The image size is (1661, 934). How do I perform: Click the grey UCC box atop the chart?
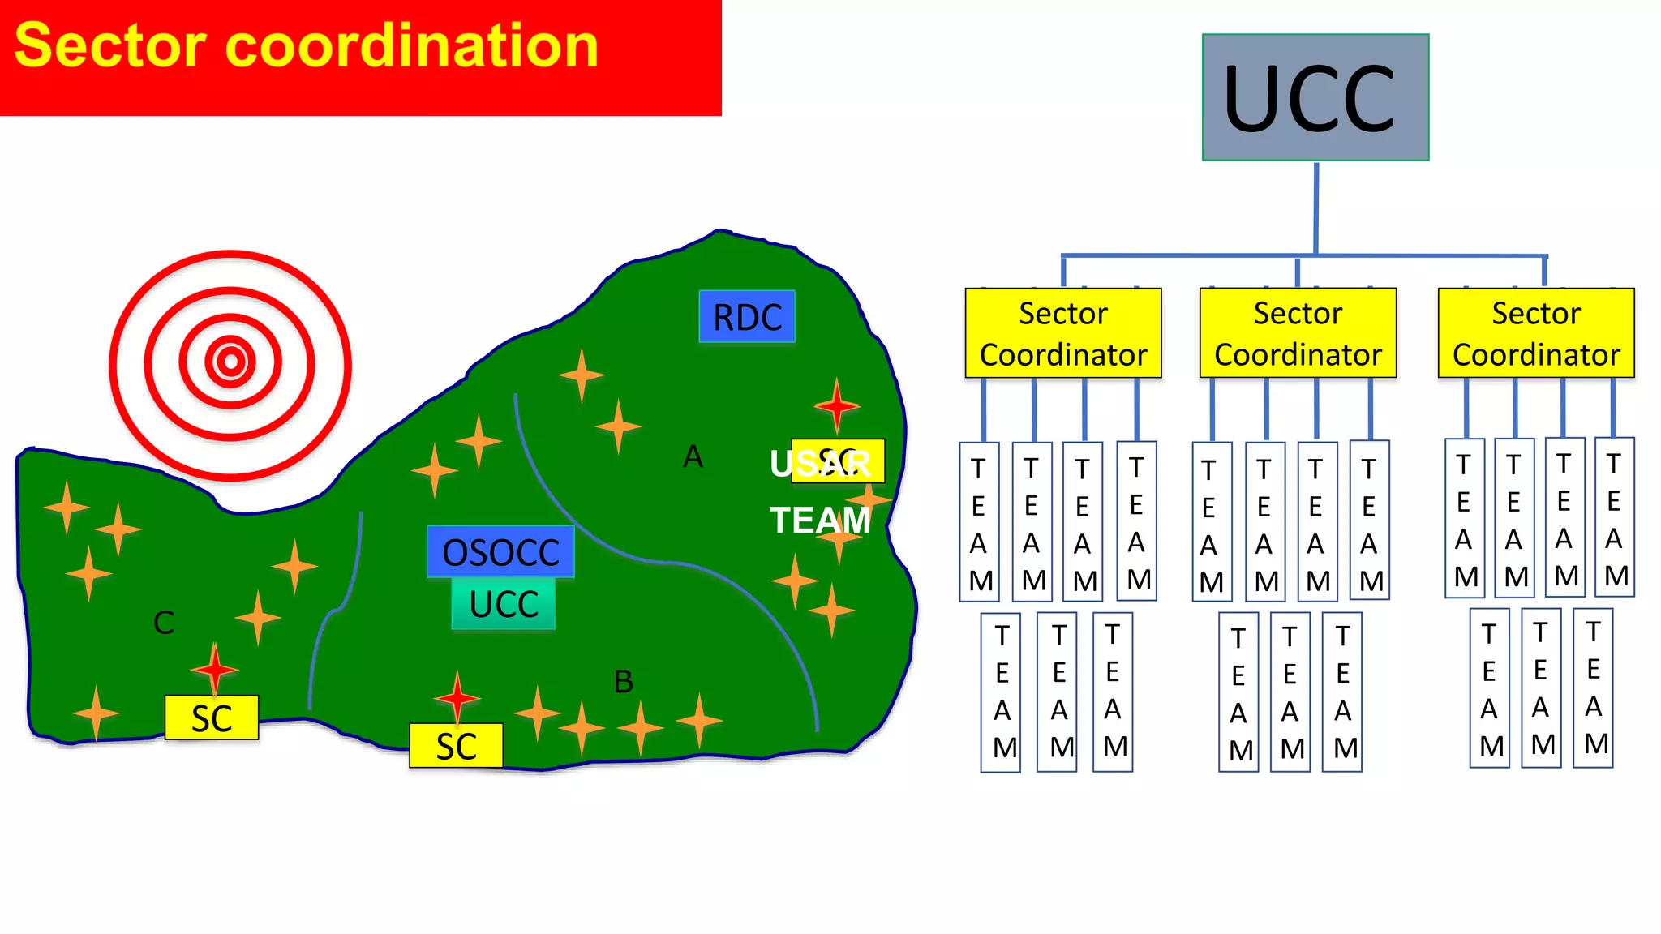click(x=1315, y=97)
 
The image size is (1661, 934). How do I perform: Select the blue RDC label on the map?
click(x=747, y=316)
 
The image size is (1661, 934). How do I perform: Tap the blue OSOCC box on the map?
click(x=500, y=551)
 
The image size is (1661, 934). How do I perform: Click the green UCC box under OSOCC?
click(x=504, y=604)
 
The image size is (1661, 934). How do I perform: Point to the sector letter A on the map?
click(x=693, y=457)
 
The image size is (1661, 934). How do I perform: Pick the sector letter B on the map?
click(x=623, y=682)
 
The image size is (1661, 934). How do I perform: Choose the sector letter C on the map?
click(x=164, y=623)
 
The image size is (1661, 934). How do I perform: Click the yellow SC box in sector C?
click(x=212, y=718)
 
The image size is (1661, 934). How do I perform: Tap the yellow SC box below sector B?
click(x=456, y=746)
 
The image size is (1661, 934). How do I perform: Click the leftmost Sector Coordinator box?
click(x=1063, y=333)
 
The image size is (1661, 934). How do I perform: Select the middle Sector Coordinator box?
click(x=1298, y=333)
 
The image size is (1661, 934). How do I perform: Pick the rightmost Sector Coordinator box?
click(x=1536, y=333)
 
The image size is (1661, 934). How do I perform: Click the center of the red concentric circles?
click(x=231, y=362)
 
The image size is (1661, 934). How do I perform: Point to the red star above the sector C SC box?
click(x=215, y=670)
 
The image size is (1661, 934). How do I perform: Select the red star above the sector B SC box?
click(x=457, y=697)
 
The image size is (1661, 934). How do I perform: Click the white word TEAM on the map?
click(x=820, y=520)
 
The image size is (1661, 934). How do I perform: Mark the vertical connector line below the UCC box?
click(x=1315, y=208)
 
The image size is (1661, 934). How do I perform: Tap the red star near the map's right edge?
click(x=836, y=405)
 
